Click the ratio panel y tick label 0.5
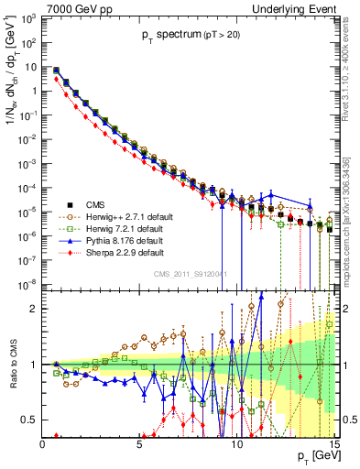tap(30, 420)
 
